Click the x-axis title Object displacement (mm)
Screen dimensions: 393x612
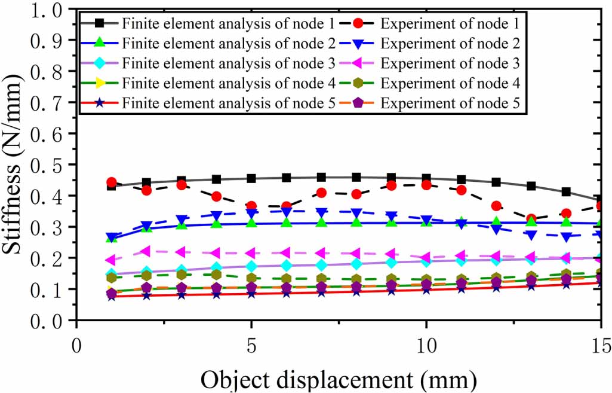339,379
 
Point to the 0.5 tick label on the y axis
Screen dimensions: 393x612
48,165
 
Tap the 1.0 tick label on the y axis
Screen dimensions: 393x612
48,10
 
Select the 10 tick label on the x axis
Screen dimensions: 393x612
426,346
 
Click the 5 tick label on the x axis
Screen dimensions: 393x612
251,346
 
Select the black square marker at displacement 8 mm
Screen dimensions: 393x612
356,177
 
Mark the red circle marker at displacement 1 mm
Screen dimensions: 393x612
111,182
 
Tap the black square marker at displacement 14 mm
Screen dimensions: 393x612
566,192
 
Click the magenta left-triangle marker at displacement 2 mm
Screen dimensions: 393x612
146,251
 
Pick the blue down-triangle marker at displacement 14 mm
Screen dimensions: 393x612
566,237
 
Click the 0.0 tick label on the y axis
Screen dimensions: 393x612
48,320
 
